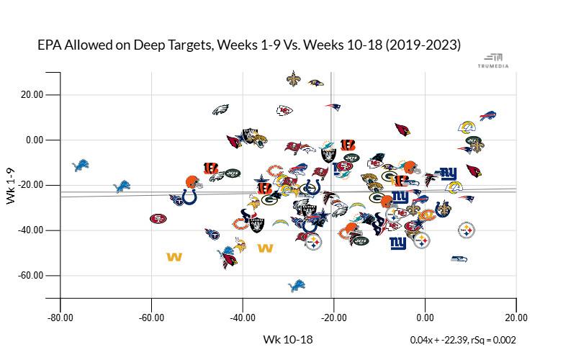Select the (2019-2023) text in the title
click(x=423, y=45)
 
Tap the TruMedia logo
click(x=493, y=60)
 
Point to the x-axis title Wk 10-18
click(x=288, y=339)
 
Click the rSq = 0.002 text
click(x=490, y=340)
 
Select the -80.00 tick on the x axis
click(x=60, y=317)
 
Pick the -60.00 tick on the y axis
click(x=31, y=276)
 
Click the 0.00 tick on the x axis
click(x=425, y=317)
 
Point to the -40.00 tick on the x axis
click(x=243, y=317)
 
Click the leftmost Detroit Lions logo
click(x=81, y=166)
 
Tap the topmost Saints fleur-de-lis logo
click(x=292, y=78)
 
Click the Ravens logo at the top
click(x=315, y=84)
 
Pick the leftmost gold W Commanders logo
click(x=174, y=256)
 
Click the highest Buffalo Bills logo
click(x=488, y=116)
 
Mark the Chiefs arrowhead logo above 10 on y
click(x=285, y=110)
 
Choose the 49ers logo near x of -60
click(x=158, y=218)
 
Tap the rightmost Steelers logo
click(x=467, y=230)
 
